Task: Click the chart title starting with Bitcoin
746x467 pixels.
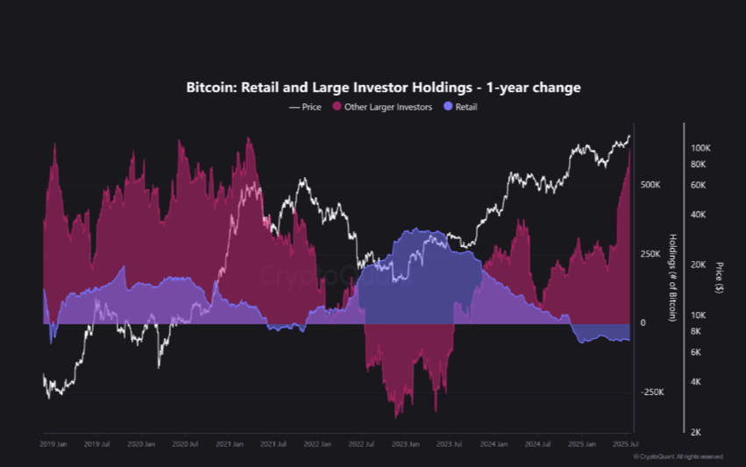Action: [x=383, y=88]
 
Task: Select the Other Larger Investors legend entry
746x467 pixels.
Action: [x=382, y=107]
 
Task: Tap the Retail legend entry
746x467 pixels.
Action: [x=461, y=107]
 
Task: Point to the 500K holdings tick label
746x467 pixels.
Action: [x=650, y=185]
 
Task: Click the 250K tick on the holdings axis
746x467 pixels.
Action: [x=650, y=254]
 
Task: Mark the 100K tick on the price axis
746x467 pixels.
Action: [x=700, y=148]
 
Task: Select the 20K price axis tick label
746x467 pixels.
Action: [x=699, y=265]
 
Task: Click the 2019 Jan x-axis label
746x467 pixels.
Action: [x=53, y=444]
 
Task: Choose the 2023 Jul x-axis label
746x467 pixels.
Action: [x=449, y=444]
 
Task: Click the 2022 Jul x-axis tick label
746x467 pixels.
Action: [x=361, y=444]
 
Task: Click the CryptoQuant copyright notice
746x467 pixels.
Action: [x=679, y=456]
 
